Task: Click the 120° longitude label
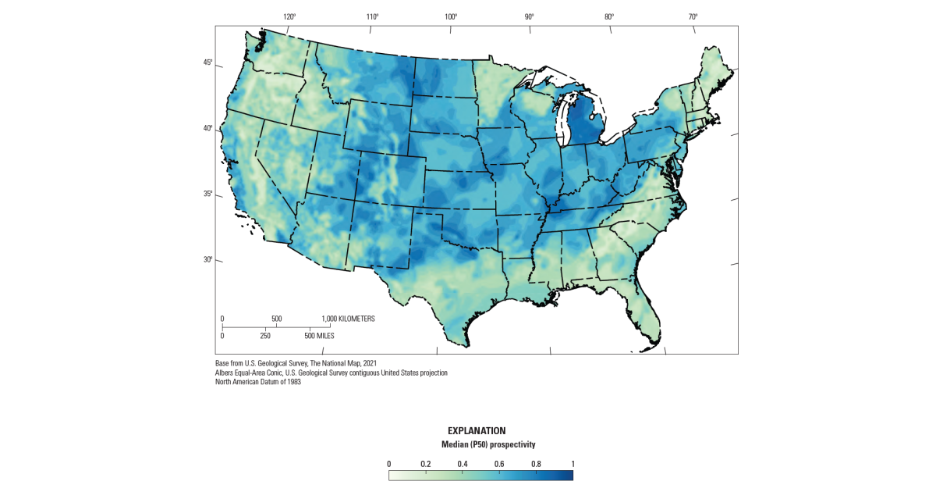(x=289, y=16)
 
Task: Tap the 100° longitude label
(x=451, y=16)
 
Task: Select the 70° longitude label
(x=693, y=16)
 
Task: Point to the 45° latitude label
(x=208, y=62)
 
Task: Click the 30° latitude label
(x=208, y=259)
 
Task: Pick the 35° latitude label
(x=208, y=194)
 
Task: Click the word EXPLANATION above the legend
(x=477, y=430)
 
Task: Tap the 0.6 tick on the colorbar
(x=499, y=464)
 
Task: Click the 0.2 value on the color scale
(x=425, y=464)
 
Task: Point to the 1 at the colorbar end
(x=573, y=464)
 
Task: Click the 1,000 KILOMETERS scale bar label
(x=349, y=319)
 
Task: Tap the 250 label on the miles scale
(x=265, y=336)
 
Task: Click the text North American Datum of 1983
(x=258, y=382)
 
